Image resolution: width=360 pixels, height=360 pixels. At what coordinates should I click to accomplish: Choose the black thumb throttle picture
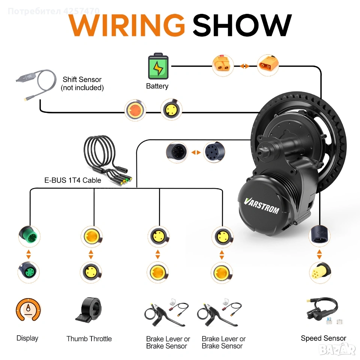pyautogui.click(x=89, y=310)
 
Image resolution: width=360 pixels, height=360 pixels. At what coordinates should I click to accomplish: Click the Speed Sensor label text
pyautogui.click(x=323, y=338)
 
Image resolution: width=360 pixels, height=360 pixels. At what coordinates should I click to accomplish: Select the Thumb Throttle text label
pyautogui.click(x=89, y=339)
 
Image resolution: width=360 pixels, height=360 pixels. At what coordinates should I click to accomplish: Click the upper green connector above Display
pyautogui.click(x=28, y=236)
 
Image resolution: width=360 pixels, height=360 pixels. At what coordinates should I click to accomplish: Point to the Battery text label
pyautogui.click(x=157, y=86)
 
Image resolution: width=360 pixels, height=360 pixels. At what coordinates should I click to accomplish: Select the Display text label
pyautogui.click(x=27, y=338)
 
